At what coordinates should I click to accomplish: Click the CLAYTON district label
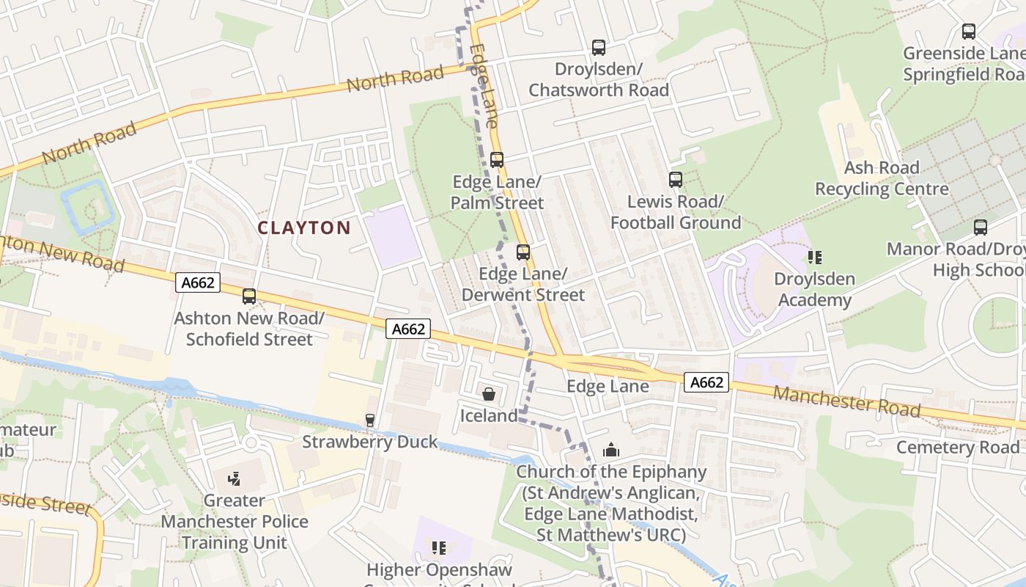[x=304, y=227]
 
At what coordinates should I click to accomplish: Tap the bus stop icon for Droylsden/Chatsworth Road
[x=599, y=48]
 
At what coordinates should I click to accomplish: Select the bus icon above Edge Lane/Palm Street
[x=497, y=159]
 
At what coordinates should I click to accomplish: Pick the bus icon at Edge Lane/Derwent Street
[x=523, y=252]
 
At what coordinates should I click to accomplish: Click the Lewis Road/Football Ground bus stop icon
[x=676, y=180]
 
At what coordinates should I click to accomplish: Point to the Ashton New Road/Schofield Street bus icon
[x=249, y=296]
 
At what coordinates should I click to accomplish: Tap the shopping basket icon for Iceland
[x=489, y=394]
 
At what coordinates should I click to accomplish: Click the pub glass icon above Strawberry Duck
[x=370, y=420]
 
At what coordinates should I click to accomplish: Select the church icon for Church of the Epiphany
[x=611, y=450]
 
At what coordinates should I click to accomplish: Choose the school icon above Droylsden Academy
[x=815, y=258]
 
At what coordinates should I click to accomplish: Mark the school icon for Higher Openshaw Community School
[x=439, y=548]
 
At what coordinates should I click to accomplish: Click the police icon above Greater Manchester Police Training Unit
[x=235, y=479]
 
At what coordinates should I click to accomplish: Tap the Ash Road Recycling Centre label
[x=882, y=178]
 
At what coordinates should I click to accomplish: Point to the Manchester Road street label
[x=846, y=401]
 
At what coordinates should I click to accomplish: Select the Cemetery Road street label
[x=958, y=447]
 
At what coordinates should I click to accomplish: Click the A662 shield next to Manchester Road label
[x=707, y=382]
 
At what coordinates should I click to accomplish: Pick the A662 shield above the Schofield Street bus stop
[x=198, y=282]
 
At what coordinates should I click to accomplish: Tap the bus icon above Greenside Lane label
[x=969, y=32]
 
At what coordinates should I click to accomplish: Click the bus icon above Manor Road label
[x=981, y=227]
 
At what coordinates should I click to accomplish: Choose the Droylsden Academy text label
[x=814, y=290]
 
